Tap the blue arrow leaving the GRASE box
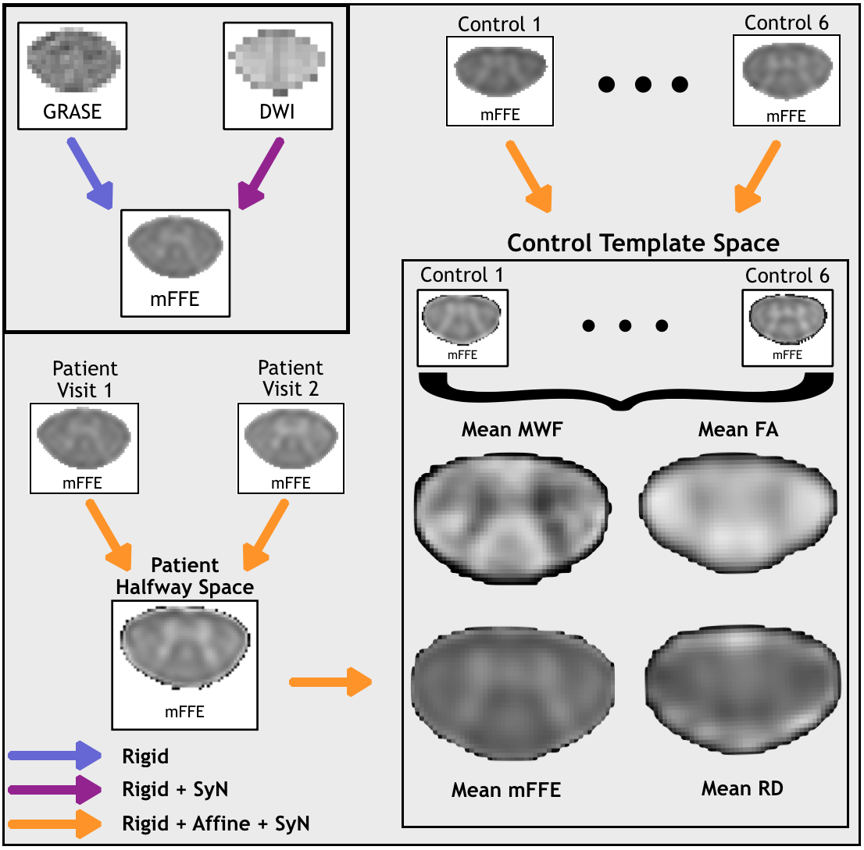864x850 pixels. point(90,173)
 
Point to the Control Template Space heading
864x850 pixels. point(643,243)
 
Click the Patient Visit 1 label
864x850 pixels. point(84,378)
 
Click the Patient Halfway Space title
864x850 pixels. point(185,575)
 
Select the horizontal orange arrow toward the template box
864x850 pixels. point(330,681)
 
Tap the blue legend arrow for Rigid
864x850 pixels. point(55,756)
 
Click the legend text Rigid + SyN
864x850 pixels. point(175,789)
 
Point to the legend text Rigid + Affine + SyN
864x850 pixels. point(216,823)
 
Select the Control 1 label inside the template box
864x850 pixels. point(462,276)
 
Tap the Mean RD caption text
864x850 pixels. point(742,789)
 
